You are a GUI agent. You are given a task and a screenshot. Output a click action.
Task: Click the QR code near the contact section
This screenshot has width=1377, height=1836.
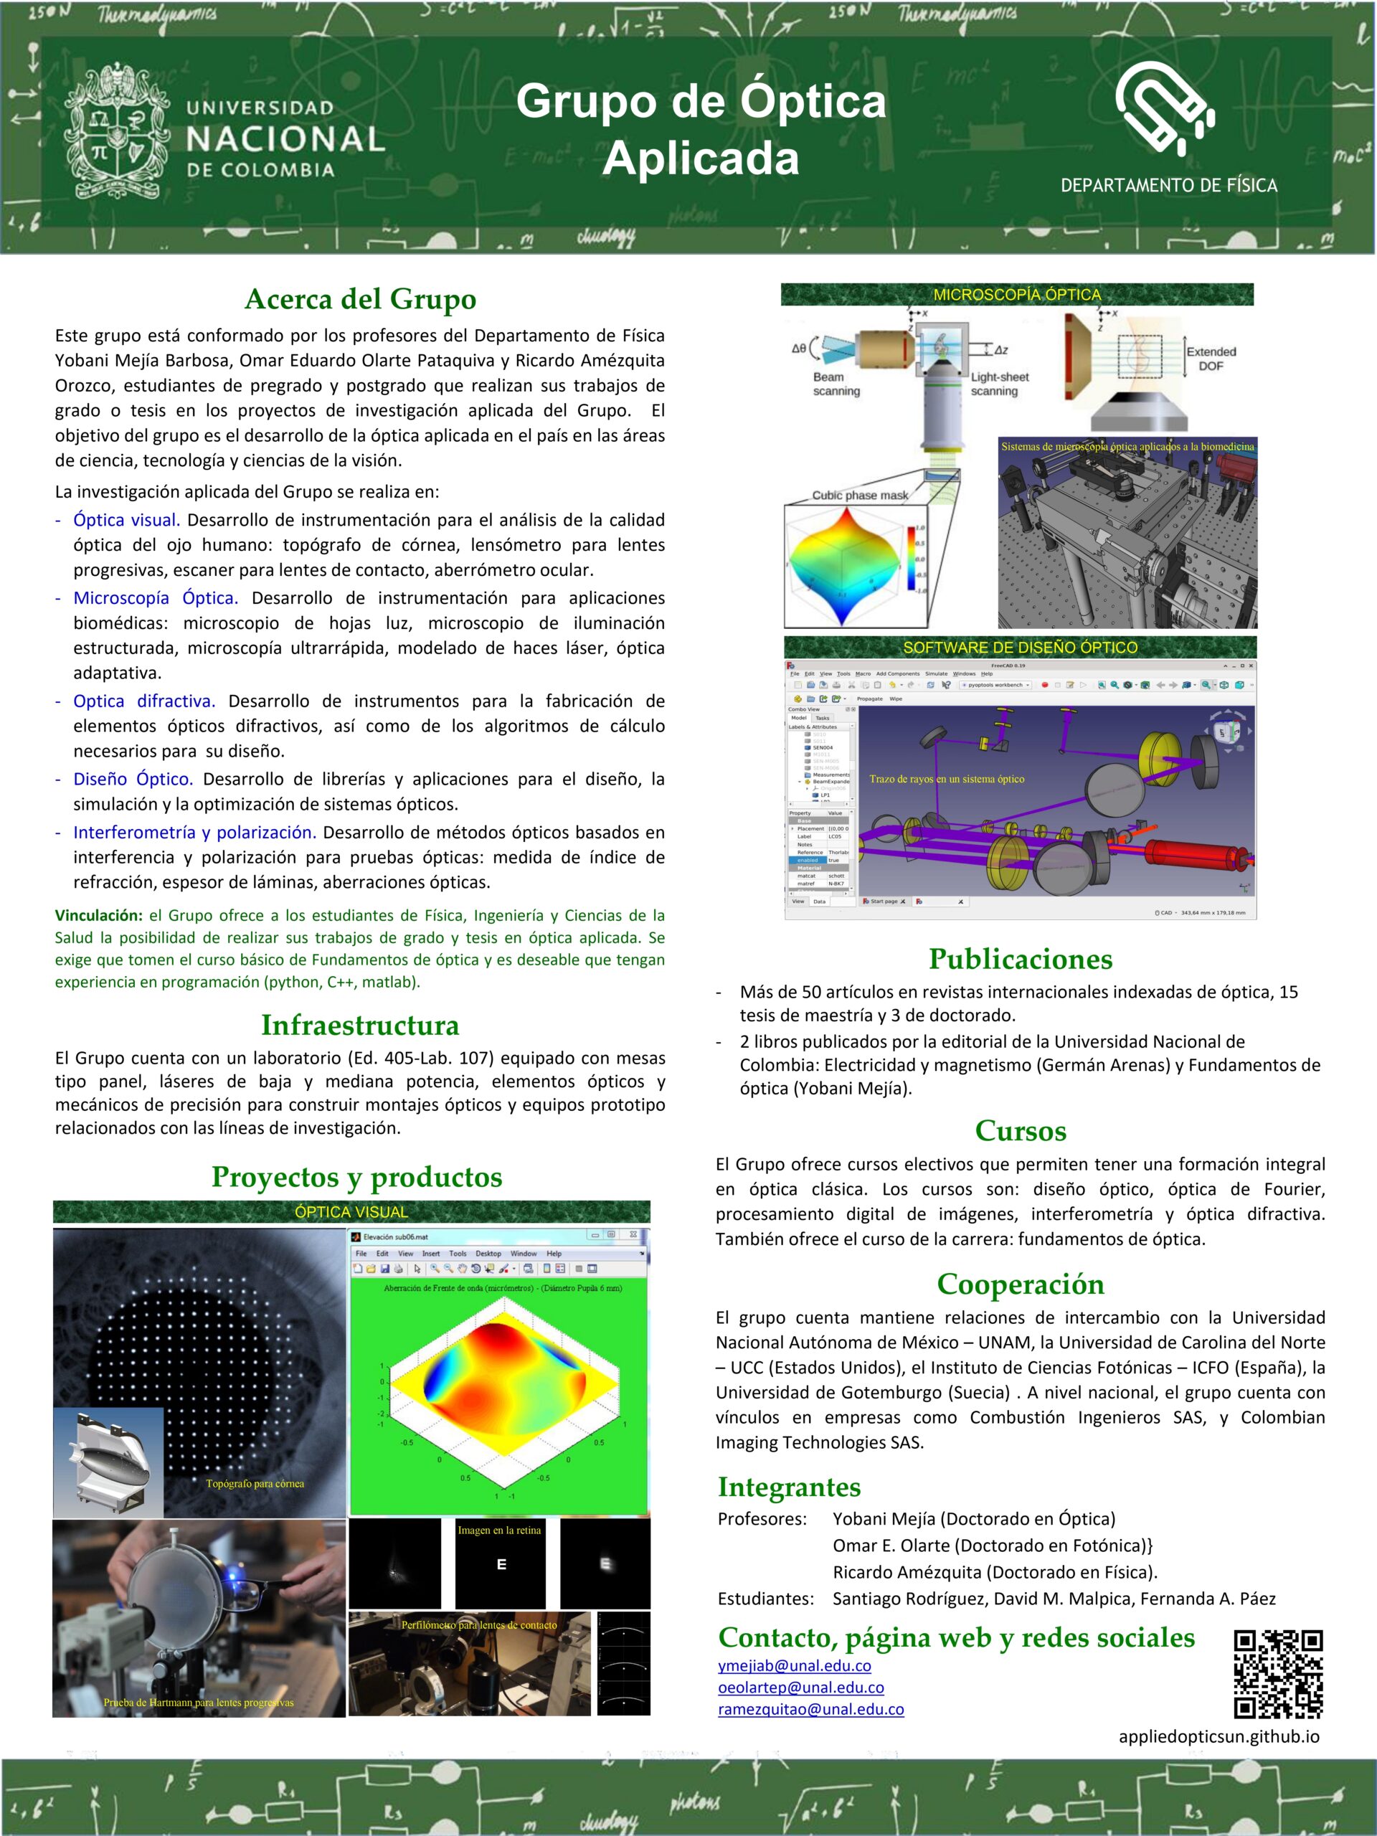(1277, 1674)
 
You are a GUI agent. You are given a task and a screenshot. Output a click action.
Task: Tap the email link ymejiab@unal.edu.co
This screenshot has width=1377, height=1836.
(795, 1666)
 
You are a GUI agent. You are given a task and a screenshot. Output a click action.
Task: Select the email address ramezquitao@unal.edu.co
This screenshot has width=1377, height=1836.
(810, 1709)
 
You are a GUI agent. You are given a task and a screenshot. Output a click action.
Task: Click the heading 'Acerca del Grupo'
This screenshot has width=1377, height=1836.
(360, 299)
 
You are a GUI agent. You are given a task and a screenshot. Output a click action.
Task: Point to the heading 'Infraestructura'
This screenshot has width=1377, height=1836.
(359, 1025)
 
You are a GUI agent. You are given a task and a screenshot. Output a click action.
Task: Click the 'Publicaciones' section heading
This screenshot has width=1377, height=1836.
(1020, 959)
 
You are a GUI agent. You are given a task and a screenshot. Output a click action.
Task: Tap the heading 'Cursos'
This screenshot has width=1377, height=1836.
(1020, 1130)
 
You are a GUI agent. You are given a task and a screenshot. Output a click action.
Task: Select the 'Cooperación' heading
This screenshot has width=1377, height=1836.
(1020, 1284)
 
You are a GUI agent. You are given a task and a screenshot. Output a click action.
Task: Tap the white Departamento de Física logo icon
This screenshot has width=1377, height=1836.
(1165, 108)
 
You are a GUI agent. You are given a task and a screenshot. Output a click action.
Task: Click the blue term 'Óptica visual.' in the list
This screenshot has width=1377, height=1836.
(126, 521)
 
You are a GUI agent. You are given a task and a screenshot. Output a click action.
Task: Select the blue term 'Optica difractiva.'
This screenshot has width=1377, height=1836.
(143, 701)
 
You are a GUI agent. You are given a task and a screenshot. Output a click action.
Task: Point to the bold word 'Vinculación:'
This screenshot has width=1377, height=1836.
(99, 916)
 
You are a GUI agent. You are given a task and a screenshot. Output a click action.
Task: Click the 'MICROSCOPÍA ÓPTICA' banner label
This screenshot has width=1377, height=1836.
(1017, 295)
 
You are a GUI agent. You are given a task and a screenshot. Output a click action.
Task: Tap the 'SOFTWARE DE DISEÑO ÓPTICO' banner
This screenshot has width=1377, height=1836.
(1020, 648)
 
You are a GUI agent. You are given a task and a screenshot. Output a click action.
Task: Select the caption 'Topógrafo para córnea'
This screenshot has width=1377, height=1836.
(255, 1483)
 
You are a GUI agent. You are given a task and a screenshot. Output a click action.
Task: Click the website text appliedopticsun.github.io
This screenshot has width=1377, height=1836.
(1219, 1736)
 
